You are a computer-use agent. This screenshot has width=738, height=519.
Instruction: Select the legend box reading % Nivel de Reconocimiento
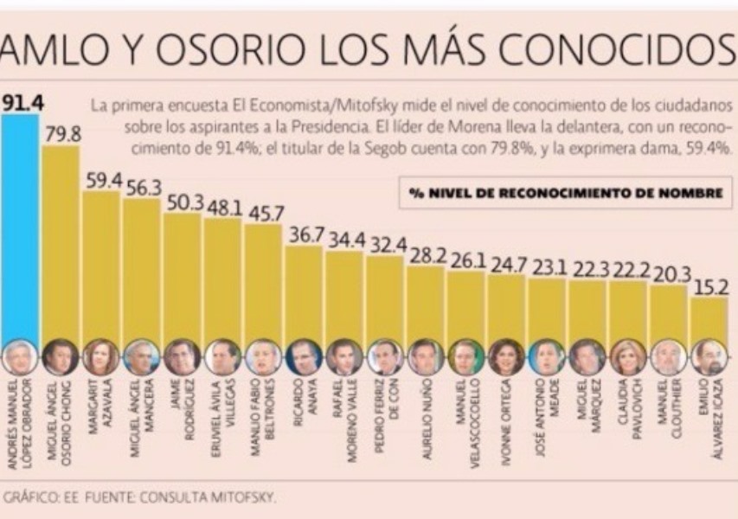(565, 193)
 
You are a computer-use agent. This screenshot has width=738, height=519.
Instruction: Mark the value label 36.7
(304, 235)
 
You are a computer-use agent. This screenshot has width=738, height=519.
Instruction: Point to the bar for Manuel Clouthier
(668, 311)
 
